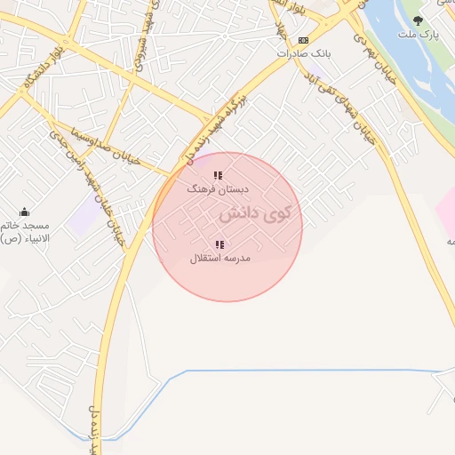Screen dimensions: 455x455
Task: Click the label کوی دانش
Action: (x=254, y=214)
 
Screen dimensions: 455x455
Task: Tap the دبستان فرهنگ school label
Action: (x=219, y=189)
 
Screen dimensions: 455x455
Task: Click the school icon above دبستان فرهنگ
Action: (x=219, y=175)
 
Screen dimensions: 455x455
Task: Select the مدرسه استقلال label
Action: (x=220, y=258)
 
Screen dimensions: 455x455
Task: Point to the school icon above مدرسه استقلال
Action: (x=220, y=244)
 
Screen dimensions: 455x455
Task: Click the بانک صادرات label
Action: (x=304, y=53)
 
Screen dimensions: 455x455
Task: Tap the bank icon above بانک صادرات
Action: (x=304, y=40)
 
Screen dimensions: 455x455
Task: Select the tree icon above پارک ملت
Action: (x=418, y=20)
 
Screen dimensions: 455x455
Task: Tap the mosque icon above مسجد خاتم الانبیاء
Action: (x=24, y=212)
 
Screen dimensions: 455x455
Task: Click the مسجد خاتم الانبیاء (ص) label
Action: (x=25, y=233)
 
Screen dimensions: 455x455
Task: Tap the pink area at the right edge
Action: (x=446, y=213)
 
